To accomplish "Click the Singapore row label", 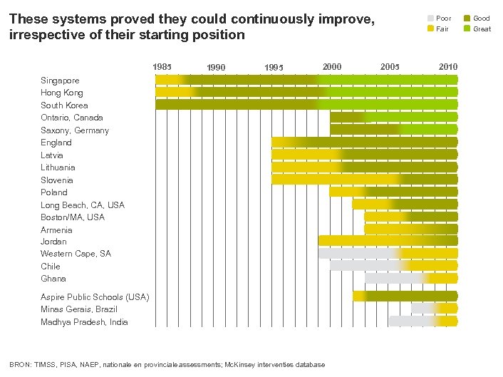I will (x=60, y=81).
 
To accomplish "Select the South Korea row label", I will (x=64, y=105).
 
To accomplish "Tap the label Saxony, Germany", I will (x=75, y=130).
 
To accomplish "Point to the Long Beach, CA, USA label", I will (x=82, y=205).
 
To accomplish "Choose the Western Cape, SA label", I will (x=76, y=254).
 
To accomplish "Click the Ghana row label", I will (x=53, y=279).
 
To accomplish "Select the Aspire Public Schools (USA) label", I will (x=95, y=296).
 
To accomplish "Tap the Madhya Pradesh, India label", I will (x=84, y=322).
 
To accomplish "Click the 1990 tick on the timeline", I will (x=216, y=68).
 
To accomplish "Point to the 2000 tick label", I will (x=331, y=67).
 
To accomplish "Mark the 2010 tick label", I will (x=448, y=67).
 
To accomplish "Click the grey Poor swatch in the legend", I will (x=430, y=18).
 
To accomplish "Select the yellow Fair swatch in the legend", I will (x=430, y=29).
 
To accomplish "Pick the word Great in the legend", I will (x=482, y=29).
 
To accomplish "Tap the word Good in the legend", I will (x=482, y=18).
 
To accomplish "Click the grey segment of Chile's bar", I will (x=363, y=266).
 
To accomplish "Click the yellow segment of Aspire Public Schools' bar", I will (x=359, y=296).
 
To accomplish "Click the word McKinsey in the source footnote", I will (x=242, y=365).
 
